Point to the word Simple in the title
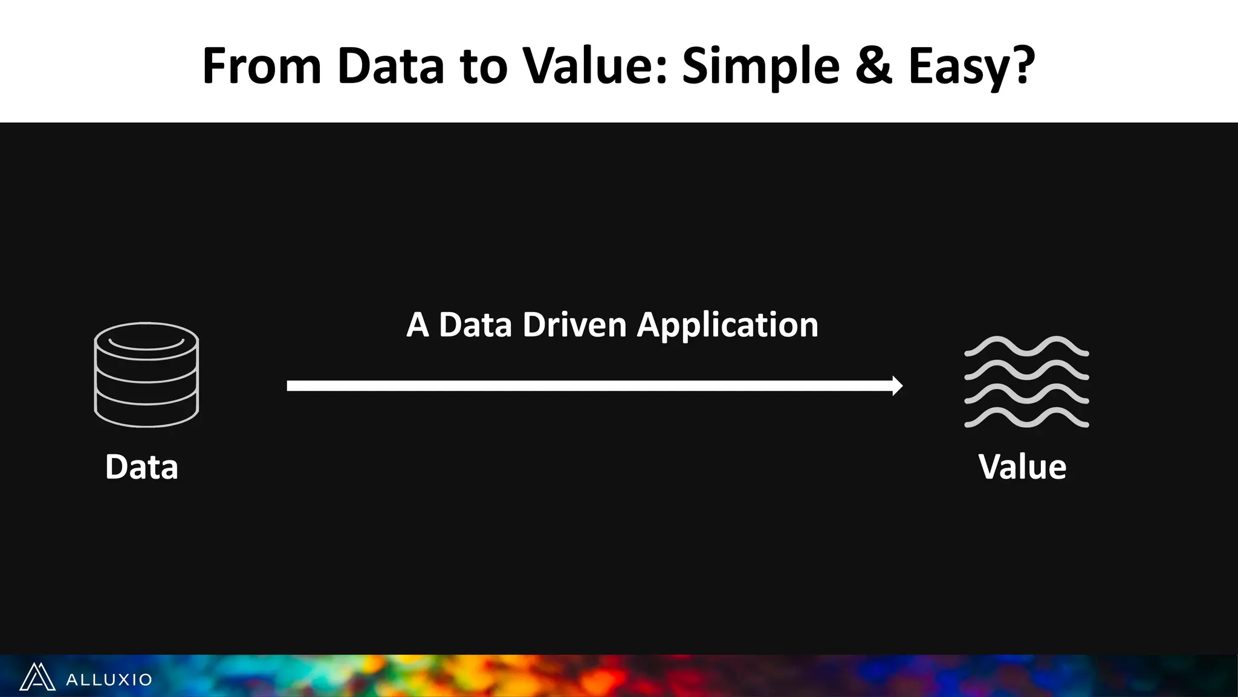point(760,67)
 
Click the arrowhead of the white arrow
point(897,385)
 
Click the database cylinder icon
point(146,375)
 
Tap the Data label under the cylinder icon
point(141,467)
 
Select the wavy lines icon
point(1026,382)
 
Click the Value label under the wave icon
point(1022,467)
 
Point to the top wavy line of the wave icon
point(1026,346)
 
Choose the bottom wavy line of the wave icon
point(1026,418)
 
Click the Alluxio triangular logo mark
point(37,677)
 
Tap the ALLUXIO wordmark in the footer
point(109,679)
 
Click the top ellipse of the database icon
point(146,341)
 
